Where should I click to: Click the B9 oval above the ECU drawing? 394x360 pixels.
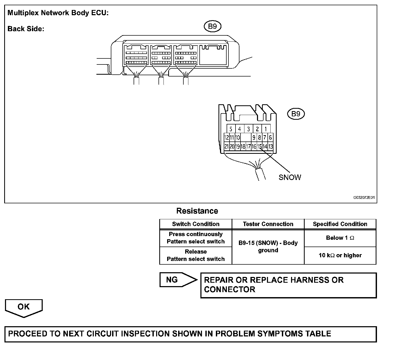coord(212,26)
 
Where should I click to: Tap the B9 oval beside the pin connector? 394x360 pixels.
coord(296,114)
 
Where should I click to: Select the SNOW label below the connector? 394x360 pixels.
coord(290,177)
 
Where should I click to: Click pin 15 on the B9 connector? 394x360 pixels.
coord(259,146)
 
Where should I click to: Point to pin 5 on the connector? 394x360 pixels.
coord(231,129)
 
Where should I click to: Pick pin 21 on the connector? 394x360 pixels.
coord(227,146)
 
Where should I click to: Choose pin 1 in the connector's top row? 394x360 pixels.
coord(266,129)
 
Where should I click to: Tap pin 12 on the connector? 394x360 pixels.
coord(227,137)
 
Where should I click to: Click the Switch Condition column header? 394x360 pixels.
coord(196,224)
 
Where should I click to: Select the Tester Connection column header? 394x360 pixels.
coord(268,224)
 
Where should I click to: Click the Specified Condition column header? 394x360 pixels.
coord(340,224)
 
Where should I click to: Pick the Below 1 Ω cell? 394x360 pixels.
coord(340,238)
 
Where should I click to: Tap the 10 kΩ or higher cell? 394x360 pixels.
coord(340,255)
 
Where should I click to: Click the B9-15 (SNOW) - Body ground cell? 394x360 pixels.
coord(268,247)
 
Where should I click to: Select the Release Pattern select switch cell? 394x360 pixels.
coord(196,255)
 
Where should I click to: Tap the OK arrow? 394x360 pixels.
coord(24,307)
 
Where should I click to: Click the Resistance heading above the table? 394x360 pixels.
coord(197,211)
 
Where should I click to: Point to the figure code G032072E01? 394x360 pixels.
coord(364,198)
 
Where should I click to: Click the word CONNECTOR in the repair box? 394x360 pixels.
coord(229,290)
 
